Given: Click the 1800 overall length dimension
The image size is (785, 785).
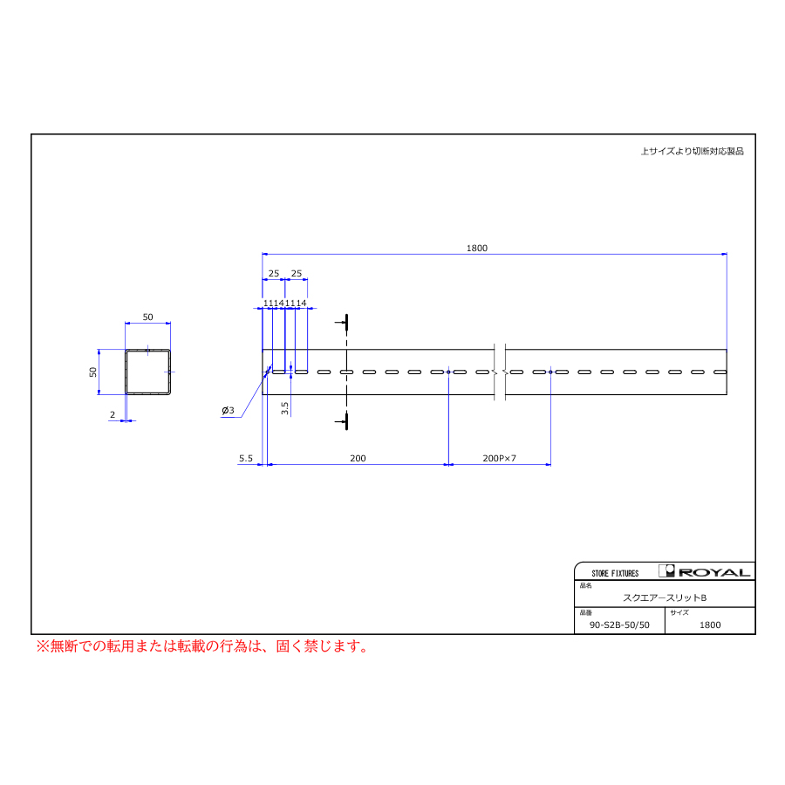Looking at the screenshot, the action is coord(476,249).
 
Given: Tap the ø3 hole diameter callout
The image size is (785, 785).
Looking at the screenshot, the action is coord(228,411).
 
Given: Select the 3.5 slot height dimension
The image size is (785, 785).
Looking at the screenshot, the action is coord(285,408).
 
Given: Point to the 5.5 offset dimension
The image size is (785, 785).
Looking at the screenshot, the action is coord(246,459).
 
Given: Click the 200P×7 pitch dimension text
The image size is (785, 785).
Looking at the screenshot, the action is coord(499,459).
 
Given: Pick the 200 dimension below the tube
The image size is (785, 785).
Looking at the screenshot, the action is coord(358,459).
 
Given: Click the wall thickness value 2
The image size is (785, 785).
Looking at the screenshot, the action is coord(113,415).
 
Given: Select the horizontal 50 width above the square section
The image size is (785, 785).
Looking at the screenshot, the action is coord(147,317).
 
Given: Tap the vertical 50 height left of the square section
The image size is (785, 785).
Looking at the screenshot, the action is coord(93,372).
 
